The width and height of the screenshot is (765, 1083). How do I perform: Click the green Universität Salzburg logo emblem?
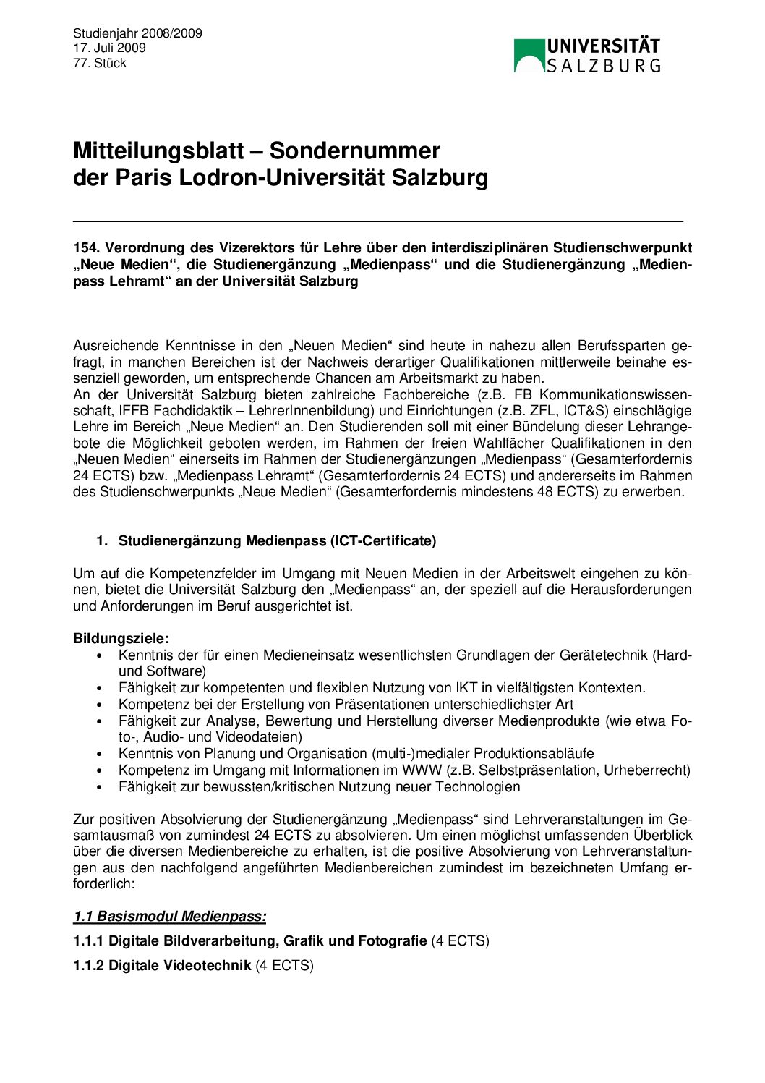529,56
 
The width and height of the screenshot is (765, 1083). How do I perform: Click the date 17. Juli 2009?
109,48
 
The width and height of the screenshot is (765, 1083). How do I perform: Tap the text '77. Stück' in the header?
100,63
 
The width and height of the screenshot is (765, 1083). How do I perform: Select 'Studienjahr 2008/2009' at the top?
137,33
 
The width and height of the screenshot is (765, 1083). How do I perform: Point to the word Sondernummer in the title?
354,150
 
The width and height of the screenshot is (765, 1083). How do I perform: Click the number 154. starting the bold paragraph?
85,247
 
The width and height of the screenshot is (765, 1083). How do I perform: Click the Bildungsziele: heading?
121,638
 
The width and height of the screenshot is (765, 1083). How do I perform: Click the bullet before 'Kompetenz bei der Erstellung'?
100,705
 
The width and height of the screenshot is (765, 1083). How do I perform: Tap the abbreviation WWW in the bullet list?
422,770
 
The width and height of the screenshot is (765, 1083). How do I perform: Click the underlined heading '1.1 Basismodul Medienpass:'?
170,917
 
